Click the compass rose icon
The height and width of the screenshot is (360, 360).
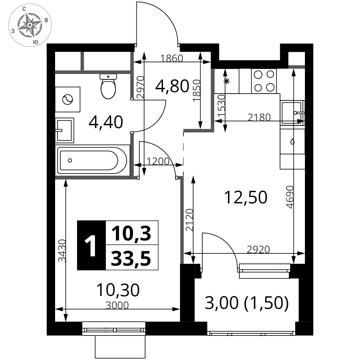pos(30,25)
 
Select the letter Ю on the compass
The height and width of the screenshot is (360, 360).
pos(36,42)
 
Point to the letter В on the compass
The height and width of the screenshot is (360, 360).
pos(46,21)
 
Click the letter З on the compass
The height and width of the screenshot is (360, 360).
pos(13,31)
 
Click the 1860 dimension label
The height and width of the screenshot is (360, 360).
pos(172,58)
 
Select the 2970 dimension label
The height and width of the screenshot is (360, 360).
pos(140,87)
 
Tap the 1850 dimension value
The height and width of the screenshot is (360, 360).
pos(197,90)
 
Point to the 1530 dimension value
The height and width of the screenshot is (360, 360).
pos(221,105)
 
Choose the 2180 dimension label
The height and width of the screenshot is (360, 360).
pos(259,117)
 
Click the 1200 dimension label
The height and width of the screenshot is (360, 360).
pos(158,162)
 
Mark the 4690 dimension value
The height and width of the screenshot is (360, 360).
pos(290,197)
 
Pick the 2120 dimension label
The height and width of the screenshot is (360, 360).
pos(189,220)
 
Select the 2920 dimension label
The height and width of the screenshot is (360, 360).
pos(258,249)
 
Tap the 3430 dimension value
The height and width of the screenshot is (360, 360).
pos(62,251)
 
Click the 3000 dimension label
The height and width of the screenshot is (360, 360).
pos(117,306)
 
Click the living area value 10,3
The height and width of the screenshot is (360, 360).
pos(131,234)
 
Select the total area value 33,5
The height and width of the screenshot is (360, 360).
pos(131,258)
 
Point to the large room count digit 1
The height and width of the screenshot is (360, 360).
pos(91,247)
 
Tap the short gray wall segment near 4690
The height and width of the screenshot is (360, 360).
pos(297,67)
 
